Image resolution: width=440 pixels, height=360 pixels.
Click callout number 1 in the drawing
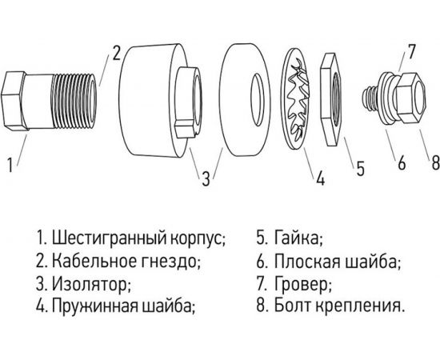click(10, 166)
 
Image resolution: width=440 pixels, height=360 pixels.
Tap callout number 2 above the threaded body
click(116, 54)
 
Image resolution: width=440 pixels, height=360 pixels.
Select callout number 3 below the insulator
click(206, 177)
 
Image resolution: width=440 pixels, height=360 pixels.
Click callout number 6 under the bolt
click(401, 163)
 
